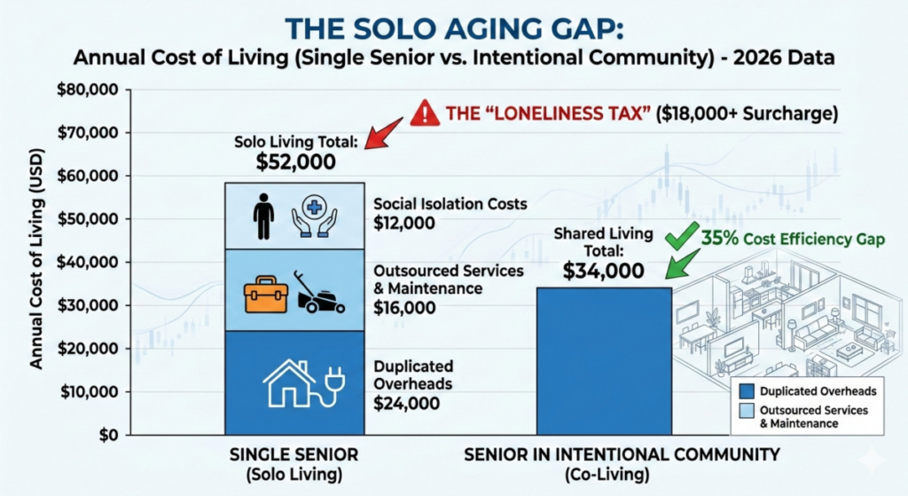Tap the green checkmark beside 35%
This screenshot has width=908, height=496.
[681, 237]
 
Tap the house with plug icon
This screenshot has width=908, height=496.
[296, 382]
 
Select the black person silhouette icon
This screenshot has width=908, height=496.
[263, 217]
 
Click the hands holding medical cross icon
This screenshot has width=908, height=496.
[316, 217]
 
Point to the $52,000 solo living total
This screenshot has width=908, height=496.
[296, 161]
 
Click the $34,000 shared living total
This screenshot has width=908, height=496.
[604, 271]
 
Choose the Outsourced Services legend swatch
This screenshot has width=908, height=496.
[746, 410]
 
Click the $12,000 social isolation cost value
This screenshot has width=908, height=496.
[404, 224]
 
